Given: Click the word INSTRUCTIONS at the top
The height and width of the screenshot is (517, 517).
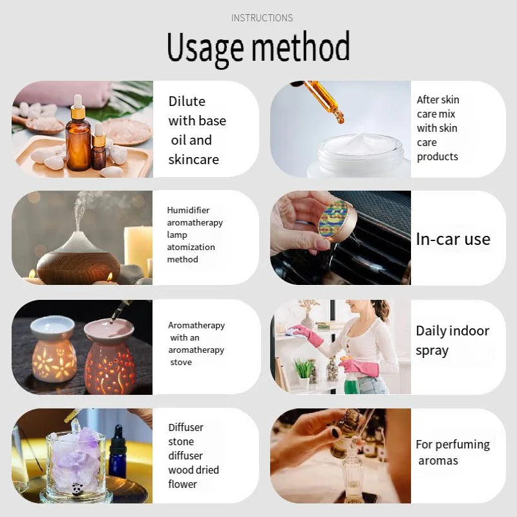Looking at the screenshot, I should pos(262,18).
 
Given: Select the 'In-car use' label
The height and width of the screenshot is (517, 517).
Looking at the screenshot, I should pos(452,239).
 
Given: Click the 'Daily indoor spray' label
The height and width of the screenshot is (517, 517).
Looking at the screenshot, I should pos(452,341).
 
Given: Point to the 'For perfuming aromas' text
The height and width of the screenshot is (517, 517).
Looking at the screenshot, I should pos(452,452).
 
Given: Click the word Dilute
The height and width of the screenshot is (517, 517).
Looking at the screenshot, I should pos(187,101).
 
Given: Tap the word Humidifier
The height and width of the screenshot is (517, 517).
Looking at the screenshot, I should pos(188,210).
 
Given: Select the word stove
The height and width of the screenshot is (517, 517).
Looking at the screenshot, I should pos(181,362).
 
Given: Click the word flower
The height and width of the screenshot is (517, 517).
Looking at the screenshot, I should pos(182,484).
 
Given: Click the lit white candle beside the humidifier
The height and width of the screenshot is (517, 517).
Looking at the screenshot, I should pos(138,249).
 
